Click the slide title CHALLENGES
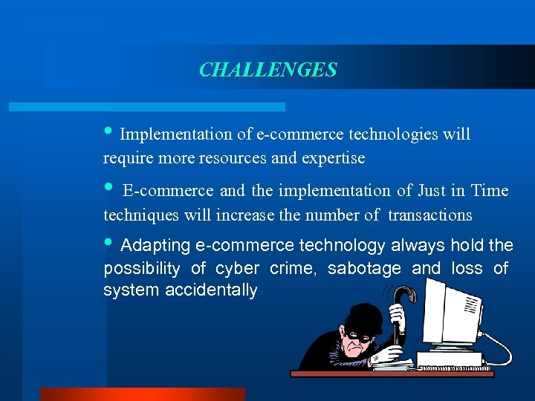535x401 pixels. point(267,70)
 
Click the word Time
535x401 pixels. point(489,191)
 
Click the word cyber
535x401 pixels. point(239,268)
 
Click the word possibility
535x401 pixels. point(143,268)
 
